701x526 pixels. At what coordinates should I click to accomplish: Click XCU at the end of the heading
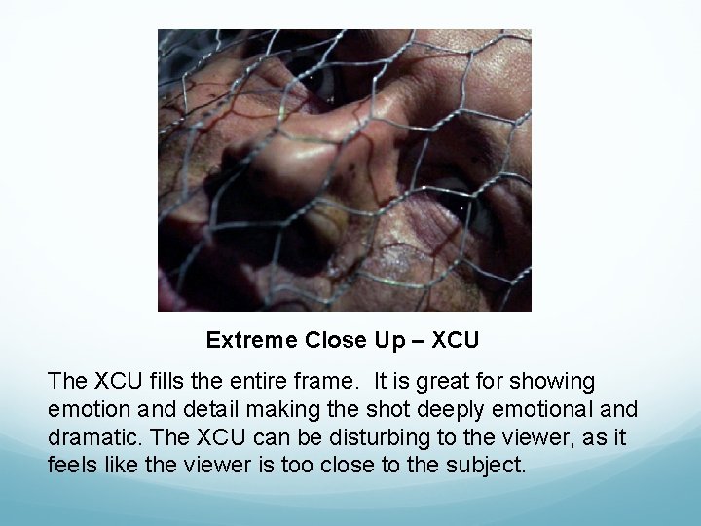tap(456, 341)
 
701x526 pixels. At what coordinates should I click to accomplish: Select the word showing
tap(560, 381)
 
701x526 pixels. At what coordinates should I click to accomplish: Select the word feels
tap(71, 464)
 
